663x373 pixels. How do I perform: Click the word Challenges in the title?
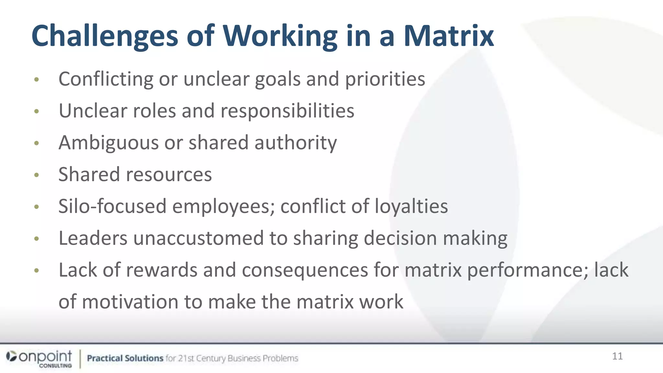[105, 36]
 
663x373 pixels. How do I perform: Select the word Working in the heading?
[280, 36]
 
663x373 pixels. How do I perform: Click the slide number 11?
[617, 356]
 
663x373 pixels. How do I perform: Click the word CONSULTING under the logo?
[55, 366]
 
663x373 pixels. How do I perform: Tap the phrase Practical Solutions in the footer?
[125, 358]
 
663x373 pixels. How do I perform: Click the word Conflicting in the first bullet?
[106, 79]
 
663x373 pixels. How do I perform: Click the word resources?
[169, 175]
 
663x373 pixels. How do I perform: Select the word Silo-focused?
[112, 206]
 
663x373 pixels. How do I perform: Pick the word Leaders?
[93, 238]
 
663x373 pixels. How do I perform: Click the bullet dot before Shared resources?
[37, 175]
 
